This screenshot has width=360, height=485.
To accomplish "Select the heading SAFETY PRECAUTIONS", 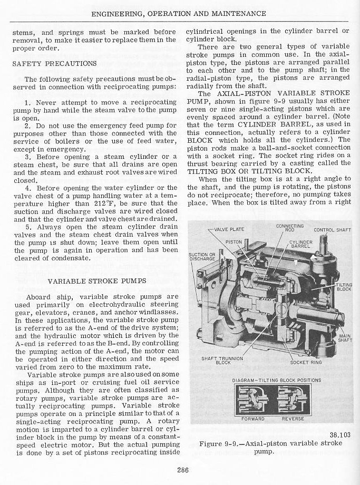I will pyautogui.click(x=54, y=63).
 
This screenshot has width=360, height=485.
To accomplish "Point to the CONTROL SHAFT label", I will pyautogui.click(x=332, y=230).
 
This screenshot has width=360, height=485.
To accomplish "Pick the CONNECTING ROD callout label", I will pyautogui.click(x=290, y=227).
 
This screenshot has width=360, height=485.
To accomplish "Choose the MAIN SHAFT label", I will pyautogui.click(x=345, y=338).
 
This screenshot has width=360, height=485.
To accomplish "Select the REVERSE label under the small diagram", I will pyautogui.click(x=293, y=419).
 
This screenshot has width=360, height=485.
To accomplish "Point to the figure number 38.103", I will pyautogui.click(x=340, y=435).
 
